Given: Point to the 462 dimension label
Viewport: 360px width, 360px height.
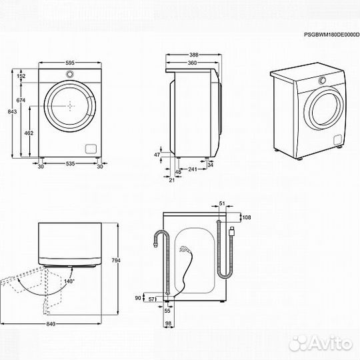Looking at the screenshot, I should [29, 134].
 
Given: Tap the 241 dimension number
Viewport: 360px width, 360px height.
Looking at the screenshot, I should [192, 169].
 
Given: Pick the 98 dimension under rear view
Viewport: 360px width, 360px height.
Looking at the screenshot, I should [169, 323].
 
